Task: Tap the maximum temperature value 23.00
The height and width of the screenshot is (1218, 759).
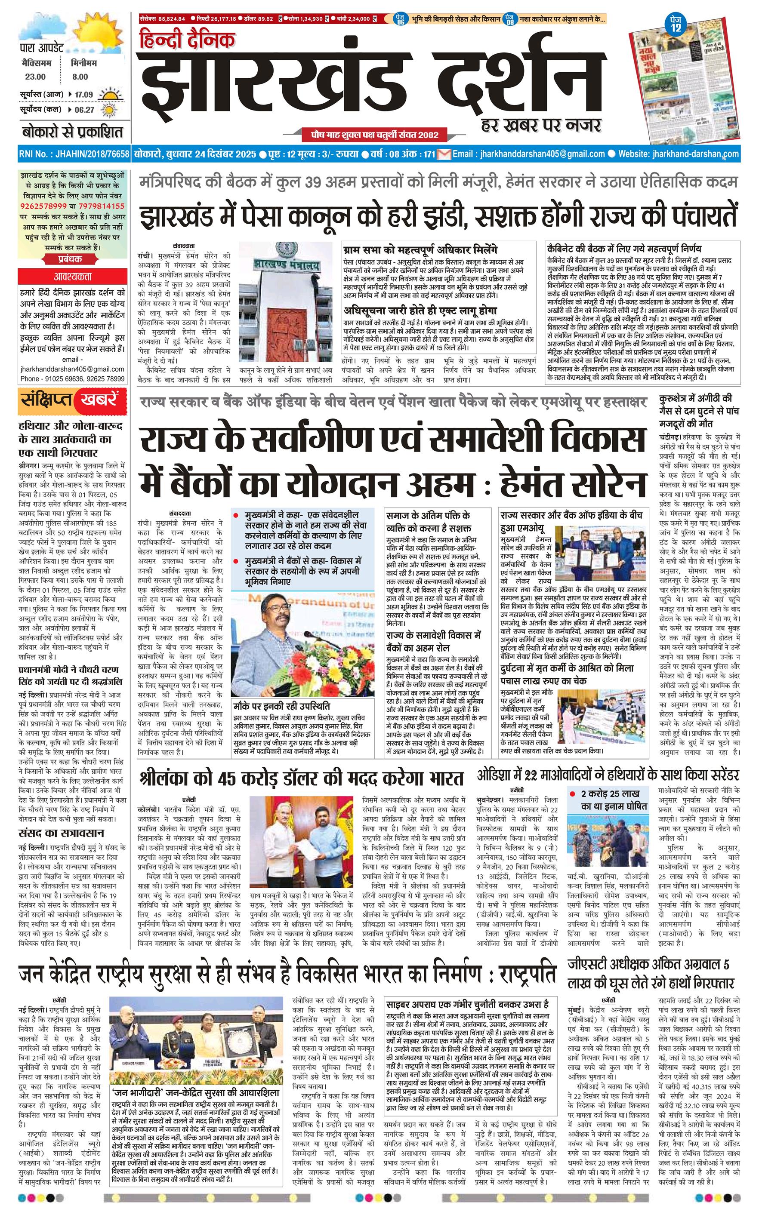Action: click(x=35, y=77)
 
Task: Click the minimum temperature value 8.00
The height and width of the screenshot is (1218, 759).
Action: click(x=79, y=77)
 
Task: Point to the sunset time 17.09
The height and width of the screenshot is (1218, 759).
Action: click(x=84, y=94)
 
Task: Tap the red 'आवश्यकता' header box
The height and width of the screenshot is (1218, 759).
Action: click(x=73, y=277)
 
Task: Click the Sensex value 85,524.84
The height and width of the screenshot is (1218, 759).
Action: click(x=171, y=19)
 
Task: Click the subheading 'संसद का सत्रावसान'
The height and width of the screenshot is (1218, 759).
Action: click(x=61, y=833)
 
